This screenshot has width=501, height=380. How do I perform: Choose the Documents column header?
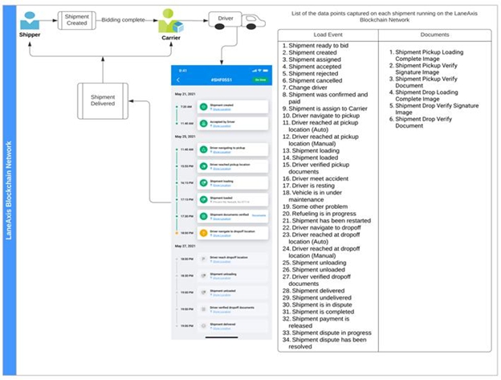(x=434, y=35)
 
